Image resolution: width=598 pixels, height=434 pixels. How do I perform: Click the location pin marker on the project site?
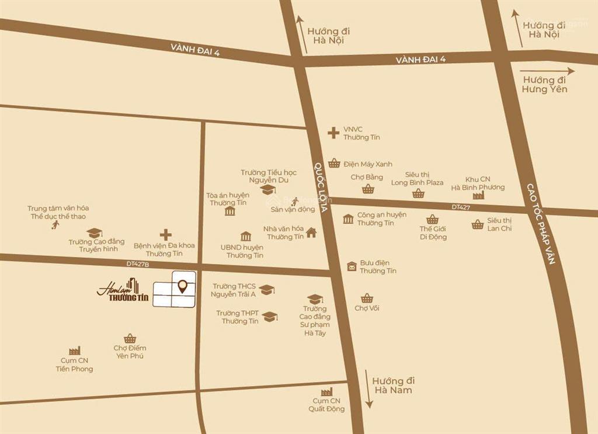click(x=183, y=286)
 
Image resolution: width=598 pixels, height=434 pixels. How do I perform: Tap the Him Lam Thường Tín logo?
click(x=123, y=291)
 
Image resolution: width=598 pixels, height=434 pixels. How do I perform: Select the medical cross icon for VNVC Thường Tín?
click(x=333, y=133)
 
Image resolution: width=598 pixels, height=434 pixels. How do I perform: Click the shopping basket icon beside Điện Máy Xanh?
click(x=333, y=163)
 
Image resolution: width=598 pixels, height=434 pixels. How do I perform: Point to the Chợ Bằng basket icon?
click(x=367, y=189)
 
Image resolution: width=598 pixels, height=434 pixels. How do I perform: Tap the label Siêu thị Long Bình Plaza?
click(x=417, y=179)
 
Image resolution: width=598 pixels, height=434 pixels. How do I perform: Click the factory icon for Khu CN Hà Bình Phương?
click(x=478, y=195)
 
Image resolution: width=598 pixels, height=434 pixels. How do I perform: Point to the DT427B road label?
click(x=138, y=264)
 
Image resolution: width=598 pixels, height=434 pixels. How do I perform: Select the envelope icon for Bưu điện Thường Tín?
click(x=352, y=266)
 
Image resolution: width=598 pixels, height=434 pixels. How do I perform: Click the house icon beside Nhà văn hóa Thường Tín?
click(x=311, y=232)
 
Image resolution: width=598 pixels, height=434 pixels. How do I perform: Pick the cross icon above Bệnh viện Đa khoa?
click(x=166, y=234)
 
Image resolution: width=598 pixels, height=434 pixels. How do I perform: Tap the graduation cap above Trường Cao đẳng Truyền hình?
click(x=95, y=232)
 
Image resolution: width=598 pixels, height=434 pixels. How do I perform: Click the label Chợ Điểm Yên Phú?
click(x=129, y=352)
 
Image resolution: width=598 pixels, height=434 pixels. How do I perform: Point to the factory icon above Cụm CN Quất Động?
click(x=326, y=391)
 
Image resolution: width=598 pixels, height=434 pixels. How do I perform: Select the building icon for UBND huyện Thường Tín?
click(x=246, y=237)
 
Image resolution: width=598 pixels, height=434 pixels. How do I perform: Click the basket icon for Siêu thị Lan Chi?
click(x=478, y=224)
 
